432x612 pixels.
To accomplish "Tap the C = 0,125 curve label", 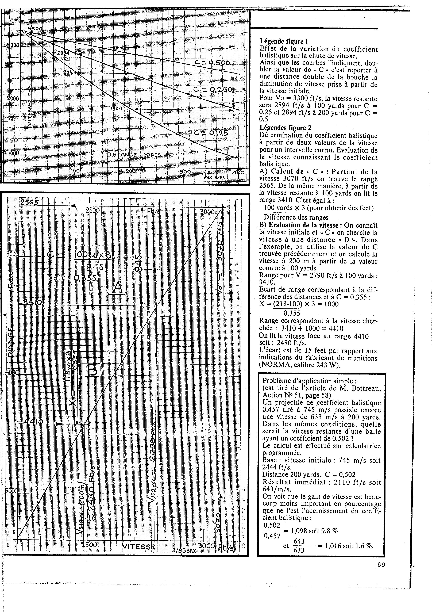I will (211, 133).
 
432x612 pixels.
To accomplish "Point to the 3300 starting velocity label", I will (35, 29).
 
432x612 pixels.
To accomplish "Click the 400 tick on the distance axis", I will (238, 173).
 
